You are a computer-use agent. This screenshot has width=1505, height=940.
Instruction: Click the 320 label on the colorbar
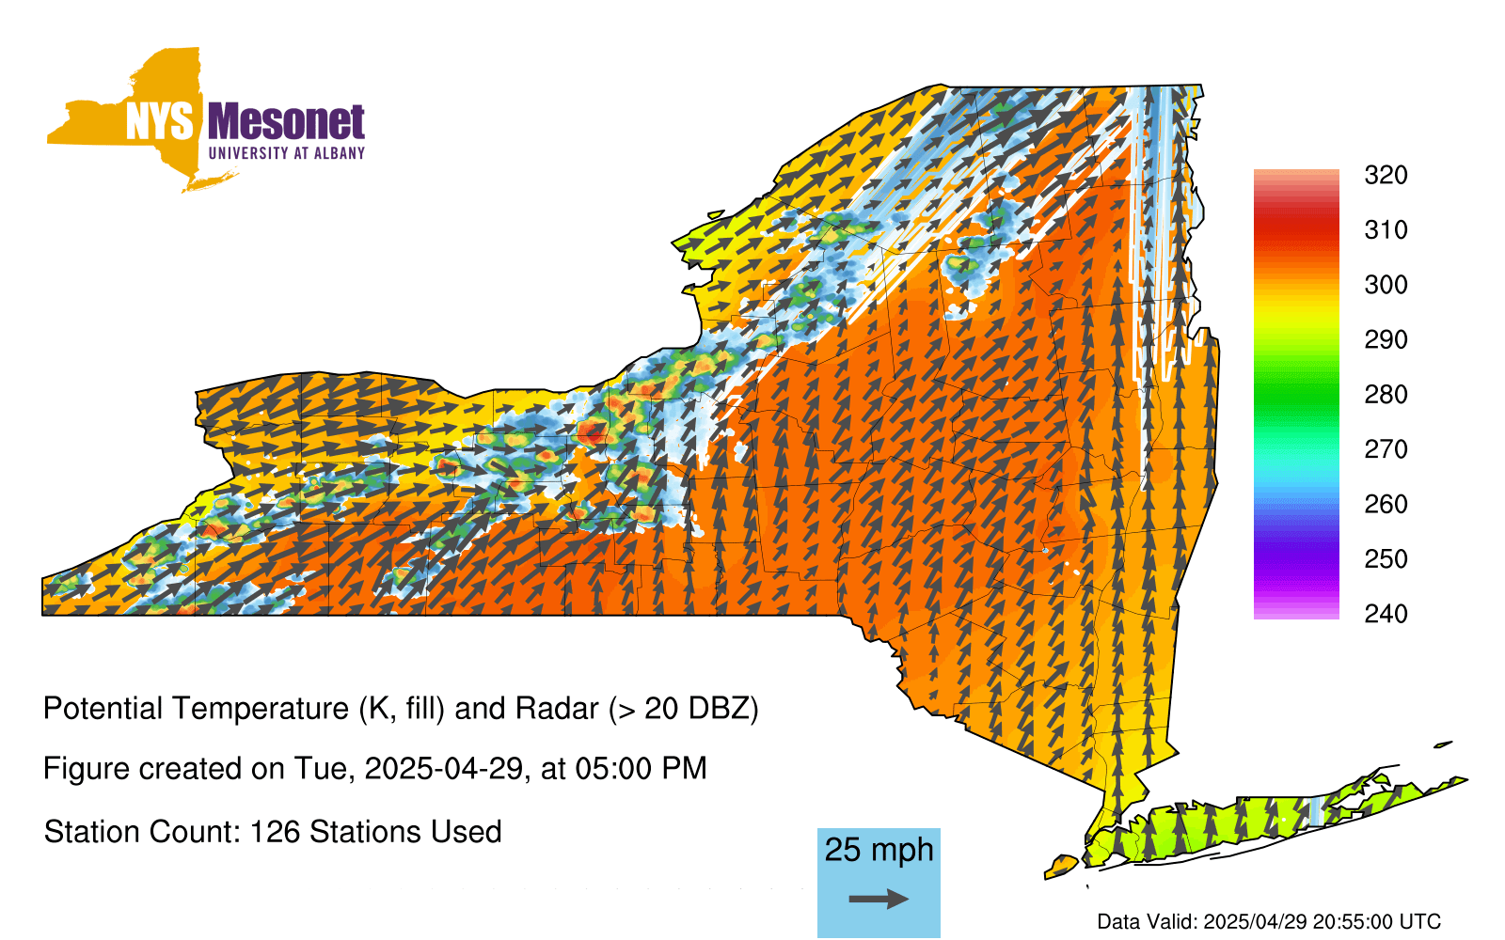1386,175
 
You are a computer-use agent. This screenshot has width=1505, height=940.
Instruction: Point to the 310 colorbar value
1386,230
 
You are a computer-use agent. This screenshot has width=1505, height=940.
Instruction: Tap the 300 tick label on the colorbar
1386,285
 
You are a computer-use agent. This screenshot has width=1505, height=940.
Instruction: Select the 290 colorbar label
1386,339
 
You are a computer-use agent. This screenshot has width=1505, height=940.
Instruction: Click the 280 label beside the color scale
1386,394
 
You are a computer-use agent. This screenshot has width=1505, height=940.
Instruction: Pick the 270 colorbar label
1386,449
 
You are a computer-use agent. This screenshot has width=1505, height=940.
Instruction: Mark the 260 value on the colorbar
1386,504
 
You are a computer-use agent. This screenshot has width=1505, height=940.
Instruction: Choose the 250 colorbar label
1386,558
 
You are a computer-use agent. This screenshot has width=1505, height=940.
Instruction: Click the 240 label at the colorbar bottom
1386,614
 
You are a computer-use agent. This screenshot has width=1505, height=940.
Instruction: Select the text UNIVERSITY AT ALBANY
287,153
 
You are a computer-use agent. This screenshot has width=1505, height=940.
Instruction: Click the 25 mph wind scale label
879,850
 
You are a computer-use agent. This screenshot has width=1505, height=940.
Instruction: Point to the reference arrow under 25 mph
879,899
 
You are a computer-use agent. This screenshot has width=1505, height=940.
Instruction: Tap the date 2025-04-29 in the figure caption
444,769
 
